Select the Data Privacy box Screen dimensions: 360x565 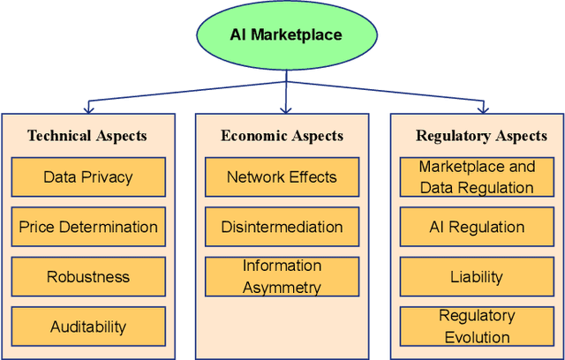point(88,176)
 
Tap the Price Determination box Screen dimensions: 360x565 point(88,227)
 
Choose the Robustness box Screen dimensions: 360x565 point(88,277)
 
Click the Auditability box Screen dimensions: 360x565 point(88,326)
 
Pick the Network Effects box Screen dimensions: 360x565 point(282,176)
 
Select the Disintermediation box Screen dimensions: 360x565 point(282,227)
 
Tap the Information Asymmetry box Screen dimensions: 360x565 point(282,277)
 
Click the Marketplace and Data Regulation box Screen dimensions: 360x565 point(476,176)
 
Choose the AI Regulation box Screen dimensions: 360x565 point(476,227)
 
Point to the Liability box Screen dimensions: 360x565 point(476,277)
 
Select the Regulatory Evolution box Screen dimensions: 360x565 point(476,326)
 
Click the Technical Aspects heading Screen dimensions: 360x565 point(87,136)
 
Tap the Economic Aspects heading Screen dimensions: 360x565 point(282,136)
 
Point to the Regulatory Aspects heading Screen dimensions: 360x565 point(481,136)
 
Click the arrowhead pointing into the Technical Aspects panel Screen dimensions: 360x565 point(87,109)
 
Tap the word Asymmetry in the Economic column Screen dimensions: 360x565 point(282,287)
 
